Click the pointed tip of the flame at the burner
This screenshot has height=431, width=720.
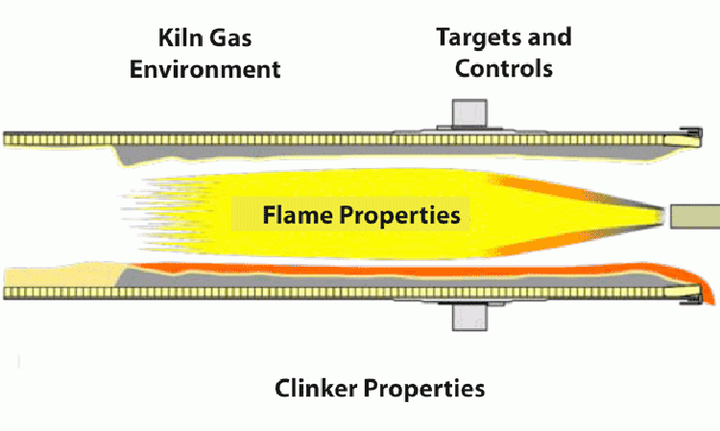pyautogui.click(x=660, y=216)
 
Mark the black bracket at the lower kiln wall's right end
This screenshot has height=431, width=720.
pyautogui.click(x=688, y=299)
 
